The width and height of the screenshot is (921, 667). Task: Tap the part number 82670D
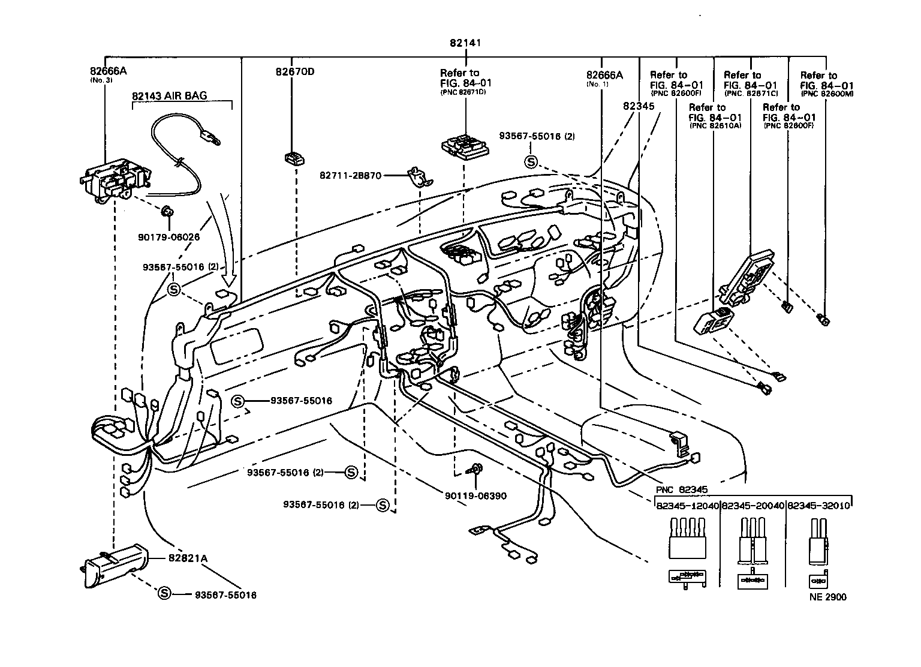[x=294, y=73]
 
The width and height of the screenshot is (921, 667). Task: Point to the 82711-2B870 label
[x=350, y=176]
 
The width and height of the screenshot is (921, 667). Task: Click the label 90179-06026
[x=168, y=237]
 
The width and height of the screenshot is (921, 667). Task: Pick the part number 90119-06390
[x=475, y=495]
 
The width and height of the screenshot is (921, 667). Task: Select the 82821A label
[x=188, y=558]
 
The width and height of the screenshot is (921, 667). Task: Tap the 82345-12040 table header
[x=687, y=506]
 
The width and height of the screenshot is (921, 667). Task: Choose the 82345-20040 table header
[x=753, y=506]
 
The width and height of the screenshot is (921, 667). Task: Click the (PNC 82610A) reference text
[x=715, y=126]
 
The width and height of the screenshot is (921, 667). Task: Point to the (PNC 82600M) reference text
[x=827, y=94]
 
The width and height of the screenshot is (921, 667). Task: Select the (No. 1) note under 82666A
[x=597, y=84]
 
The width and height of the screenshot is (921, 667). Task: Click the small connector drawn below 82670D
[x=294, y=158]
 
